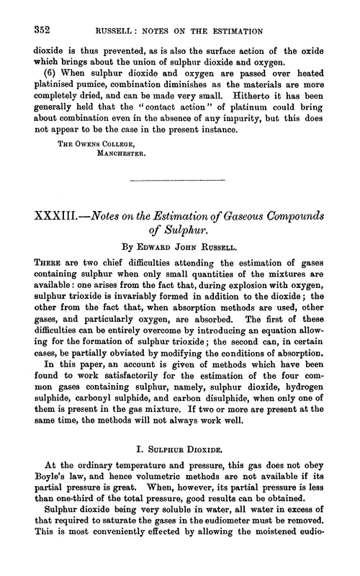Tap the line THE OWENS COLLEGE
click(80, 160)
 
